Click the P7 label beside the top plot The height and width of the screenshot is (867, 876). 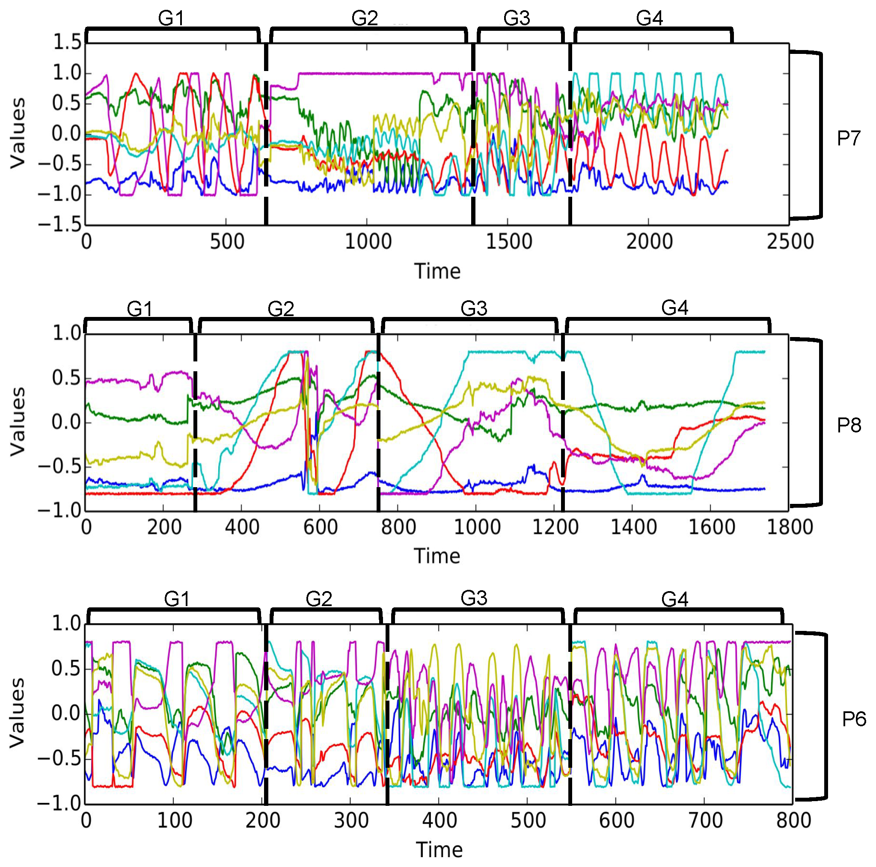click(x=848, y=138)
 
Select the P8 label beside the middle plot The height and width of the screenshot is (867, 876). click(x=849, y=425)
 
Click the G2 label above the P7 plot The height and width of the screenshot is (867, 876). click(x=365, y=18)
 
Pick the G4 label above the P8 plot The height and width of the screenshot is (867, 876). click(x=675, y=308)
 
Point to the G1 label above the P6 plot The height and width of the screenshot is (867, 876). click(x=176, y=599)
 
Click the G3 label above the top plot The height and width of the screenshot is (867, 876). click(x=517, y=18)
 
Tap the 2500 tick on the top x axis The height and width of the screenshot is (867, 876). click(x=790, y=242)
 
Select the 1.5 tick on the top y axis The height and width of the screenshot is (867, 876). click(x=67, y=43)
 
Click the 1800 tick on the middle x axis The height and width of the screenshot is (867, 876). click(x=790, y=527)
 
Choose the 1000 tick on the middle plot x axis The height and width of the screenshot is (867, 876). click(x=477, y=527)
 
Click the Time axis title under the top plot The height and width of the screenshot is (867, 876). click(x=437, y=272)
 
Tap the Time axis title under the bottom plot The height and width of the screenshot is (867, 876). click(x=439, y=850)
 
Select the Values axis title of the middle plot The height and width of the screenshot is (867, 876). click(x=18, y=421)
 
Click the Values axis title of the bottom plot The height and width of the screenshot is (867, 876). click(x=18, y=713)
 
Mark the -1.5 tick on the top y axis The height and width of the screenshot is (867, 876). click(x=61, y=225)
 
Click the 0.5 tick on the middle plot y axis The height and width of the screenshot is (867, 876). click(x=67, y=378)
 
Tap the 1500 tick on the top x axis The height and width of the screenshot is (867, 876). click(x=508, y=242)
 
